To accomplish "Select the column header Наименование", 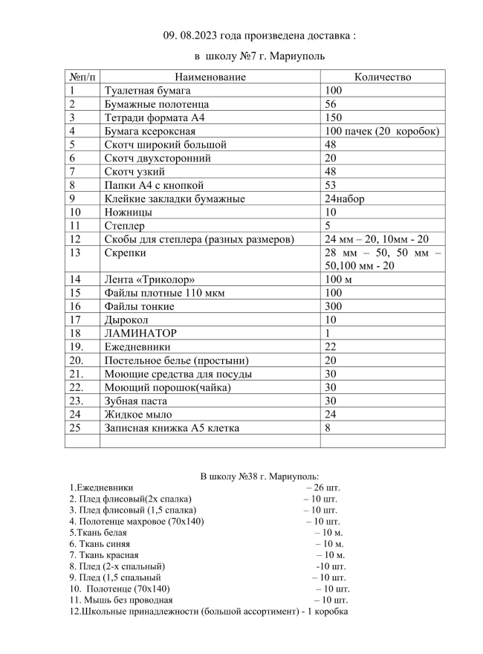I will pyautogui.click(x=210, y=77).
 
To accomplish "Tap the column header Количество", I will pyautogui.click(x=383, y=77).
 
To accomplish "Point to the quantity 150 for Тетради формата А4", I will pyautogui.click(x=334, y=117).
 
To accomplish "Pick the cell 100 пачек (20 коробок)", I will pyautogui.click(x=383, y=132).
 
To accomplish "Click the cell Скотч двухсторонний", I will pyautogui.click(x=158, y=158).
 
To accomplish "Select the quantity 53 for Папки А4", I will pyautogui.click(x=331, y=185).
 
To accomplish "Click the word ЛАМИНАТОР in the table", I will pyautogui.click(x=146, y=333).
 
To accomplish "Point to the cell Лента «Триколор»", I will pyautogui.click(x=149, y=279).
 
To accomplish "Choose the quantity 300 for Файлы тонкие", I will pyautogui.click(x=334, y=306).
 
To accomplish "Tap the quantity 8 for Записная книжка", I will pyautogui.click(x=328, y=427).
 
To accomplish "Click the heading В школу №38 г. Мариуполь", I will pyautogui.click(x=260, y=476).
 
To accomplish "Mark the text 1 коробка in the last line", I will pyautogui.click(x=325, y=612).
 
